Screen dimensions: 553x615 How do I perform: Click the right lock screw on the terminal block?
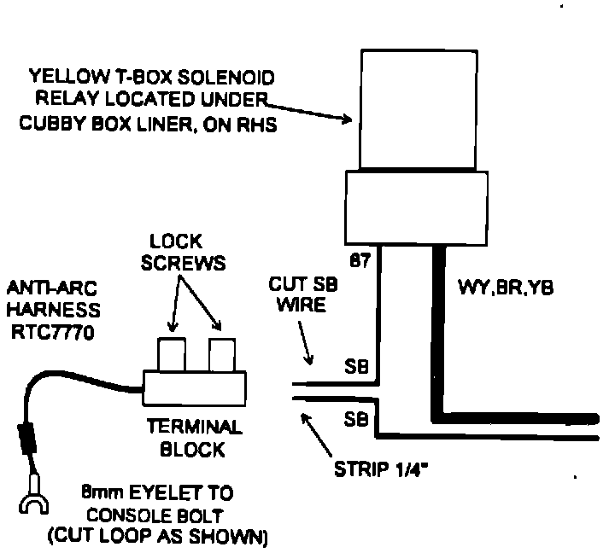click(221, 352)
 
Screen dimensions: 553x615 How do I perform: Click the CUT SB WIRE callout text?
click(300, 294)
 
